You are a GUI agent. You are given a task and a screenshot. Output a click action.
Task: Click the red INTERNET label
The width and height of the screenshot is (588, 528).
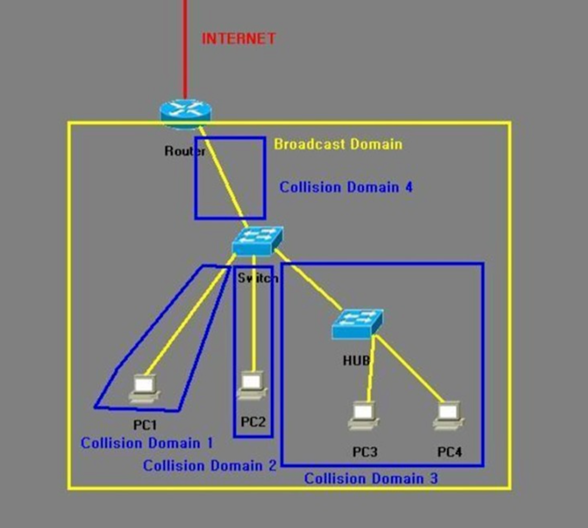[x=238, y=38]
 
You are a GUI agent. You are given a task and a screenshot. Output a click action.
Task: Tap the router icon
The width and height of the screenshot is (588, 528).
[x=185, y=112]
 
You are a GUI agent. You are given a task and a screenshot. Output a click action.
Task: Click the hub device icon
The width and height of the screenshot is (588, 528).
[x=357, y=323]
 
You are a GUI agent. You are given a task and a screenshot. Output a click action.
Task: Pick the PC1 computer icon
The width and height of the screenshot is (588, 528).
[x=144, y=389]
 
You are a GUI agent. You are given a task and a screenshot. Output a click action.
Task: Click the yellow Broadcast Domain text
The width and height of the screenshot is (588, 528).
[x=338, y=144]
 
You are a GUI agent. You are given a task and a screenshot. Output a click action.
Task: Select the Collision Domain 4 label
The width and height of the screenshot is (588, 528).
[x=346, y=187]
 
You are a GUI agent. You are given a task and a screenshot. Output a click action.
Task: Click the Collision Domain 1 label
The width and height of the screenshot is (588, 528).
[x=147, y=443]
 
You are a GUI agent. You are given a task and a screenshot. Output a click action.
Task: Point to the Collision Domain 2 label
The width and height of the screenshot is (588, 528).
[x=210, y=466]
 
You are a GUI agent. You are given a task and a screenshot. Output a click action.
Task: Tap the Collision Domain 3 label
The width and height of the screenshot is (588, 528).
[x=371, y=478]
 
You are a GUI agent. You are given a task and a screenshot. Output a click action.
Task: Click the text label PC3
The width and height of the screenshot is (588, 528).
[x=365, y=452]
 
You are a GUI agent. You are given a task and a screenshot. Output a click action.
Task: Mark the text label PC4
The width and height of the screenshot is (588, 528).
[x=450, y=452]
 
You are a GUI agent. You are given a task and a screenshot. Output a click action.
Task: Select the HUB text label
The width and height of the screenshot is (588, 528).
[x=356, y=360]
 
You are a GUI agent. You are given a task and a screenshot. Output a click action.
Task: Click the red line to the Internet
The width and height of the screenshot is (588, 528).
[x=185, y=48]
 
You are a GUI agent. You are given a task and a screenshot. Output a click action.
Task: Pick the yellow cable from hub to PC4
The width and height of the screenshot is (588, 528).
[x=409, y=369]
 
